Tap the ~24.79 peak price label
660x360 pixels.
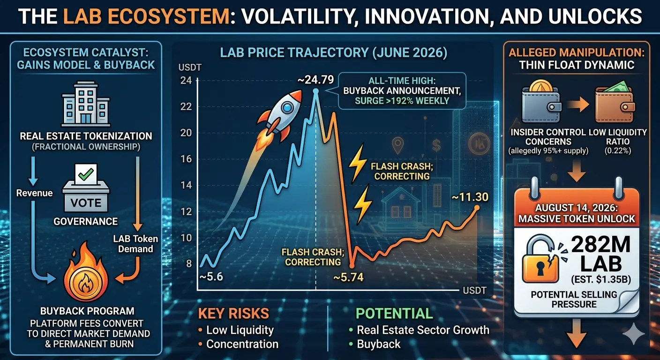point(315,80)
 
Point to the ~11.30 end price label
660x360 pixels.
point(470,197)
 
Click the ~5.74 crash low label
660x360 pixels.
point(348,277)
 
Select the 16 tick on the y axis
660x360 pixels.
point(186,159)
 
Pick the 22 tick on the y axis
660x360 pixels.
point(186,106)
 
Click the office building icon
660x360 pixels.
point(86,104)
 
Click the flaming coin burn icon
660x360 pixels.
point(86,275)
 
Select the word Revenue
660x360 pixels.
point(35,193)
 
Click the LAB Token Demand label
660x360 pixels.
point(135,244)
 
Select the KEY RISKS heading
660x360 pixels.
point(233,314)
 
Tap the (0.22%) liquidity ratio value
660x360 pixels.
point(618,151)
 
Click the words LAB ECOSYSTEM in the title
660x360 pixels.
point(146,16)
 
